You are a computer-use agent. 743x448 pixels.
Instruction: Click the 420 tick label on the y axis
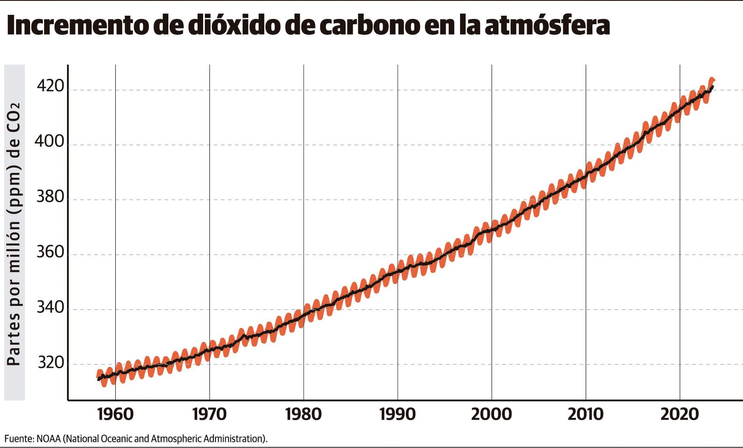pos(50,86)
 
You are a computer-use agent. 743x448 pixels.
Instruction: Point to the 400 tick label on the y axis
pos(50,141)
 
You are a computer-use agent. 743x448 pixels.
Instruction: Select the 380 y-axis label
pos(50,197)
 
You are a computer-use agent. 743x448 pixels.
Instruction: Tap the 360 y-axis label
pos(50,252)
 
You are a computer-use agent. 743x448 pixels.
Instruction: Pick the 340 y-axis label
pos(50,307)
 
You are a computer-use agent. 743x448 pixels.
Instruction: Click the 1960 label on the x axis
pos(115,414)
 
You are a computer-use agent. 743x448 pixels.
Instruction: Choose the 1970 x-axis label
pos(209,414)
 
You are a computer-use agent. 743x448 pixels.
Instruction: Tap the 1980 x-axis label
pos(304,414)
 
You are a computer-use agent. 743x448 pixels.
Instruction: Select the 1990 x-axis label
pos(398,414)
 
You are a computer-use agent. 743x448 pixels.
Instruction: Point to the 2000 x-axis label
pos(492,414)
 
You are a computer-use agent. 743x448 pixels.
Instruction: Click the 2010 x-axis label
pos(586,414)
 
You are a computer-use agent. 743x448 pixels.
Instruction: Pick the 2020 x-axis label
pos(680,414)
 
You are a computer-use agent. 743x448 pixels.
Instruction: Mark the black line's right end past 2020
pos(713,87)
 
